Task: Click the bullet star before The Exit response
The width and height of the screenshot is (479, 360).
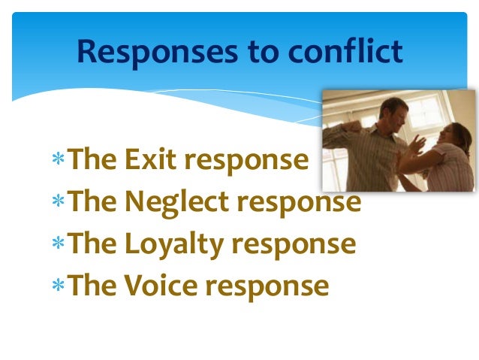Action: click(x=59, y=161)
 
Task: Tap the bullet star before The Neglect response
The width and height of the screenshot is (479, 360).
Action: click(x=59, y=203)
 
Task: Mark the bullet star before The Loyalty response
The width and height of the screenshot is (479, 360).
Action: click(x=59, y=245)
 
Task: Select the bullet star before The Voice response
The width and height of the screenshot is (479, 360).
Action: click(x=59, y=287)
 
